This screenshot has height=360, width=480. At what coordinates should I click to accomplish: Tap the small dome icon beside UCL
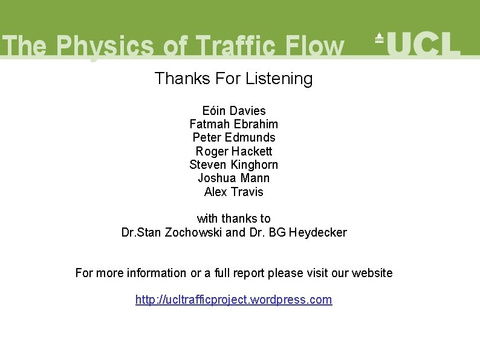click(x=379, y=38)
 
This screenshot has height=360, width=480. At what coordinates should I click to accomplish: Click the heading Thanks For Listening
click(x=233, y=79)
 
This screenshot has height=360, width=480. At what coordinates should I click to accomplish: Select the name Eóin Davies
click(x=234, y=111)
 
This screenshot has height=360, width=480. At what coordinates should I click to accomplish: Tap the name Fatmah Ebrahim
click(x=234, y=124)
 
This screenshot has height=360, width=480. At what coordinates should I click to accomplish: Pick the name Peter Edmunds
click(x=234, y=137)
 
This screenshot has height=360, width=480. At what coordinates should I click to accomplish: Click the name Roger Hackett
click(x=234, y=151)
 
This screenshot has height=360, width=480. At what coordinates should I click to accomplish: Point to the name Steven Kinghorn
click(x=234, y=165)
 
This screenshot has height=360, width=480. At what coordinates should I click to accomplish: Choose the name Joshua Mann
click(x=234, y=178)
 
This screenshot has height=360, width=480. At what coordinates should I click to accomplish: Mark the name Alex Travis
click(x=234, y=192)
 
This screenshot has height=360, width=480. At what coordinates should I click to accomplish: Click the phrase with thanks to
click(x=234, y=218)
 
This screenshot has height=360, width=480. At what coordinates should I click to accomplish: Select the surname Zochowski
click(x=193, y=232)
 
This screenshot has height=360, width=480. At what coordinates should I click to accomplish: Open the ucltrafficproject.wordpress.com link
click(x=234, y=299)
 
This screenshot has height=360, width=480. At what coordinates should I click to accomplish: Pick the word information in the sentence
click(x=157, y=273)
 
